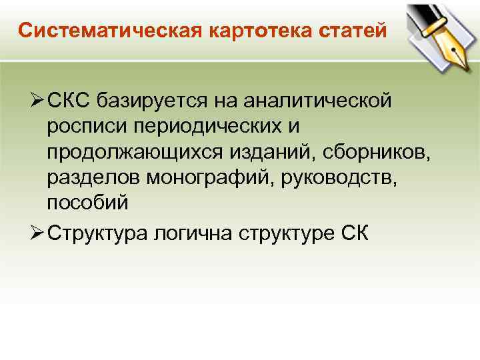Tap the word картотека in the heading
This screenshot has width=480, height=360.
coord(230,31)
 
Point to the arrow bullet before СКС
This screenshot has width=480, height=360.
coord(35,101)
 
